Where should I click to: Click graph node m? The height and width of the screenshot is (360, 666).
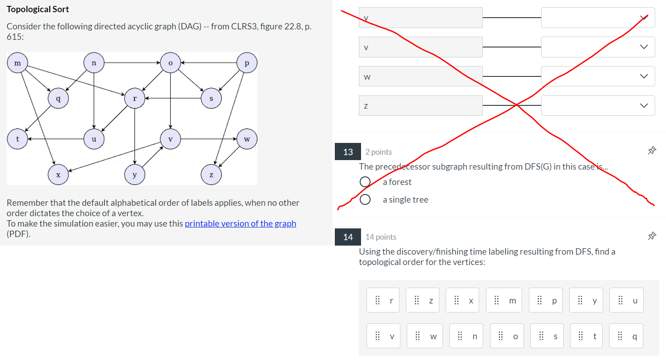tap(18, 63)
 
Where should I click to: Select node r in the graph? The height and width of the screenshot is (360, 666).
tap(134, 98)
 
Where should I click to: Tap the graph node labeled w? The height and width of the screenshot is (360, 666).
tap(247, 139)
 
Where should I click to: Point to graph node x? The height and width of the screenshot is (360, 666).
tap(58, 175)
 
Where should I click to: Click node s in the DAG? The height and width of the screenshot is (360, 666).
tap(211, 98)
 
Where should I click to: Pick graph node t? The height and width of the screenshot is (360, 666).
tap(18, 139)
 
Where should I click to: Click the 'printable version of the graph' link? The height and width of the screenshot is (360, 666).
tap(240, 223)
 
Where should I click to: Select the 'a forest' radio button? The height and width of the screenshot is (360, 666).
tap(365, 182)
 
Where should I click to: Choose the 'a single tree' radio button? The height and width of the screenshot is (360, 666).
tap(365, 199)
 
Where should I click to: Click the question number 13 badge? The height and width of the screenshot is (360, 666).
tap(347, 152)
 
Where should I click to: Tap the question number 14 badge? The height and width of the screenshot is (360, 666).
tap(347, 237)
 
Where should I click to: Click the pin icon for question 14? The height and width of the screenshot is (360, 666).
tap(652, 236)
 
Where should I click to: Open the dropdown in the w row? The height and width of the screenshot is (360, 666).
tap(598, 76)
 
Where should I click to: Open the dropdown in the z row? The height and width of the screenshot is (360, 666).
tap(598, 105)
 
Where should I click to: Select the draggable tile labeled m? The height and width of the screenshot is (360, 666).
tap(504, 300)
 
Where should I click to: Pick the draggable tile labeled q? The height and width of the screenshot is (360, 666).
tap(626, 336)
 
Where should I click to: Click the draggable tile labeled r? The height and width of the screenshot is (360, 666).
tap(383, 300)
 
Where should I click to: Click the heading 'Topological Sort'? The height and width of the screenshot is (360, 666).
tap(38, 9)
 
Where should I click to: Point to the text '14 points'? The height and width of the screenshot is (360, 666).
tap(381, 237)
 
